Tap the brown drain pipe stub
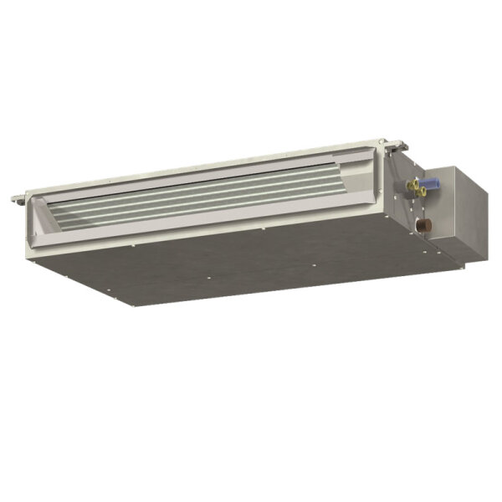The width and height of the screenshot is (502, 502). click(x=425, y=226)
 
